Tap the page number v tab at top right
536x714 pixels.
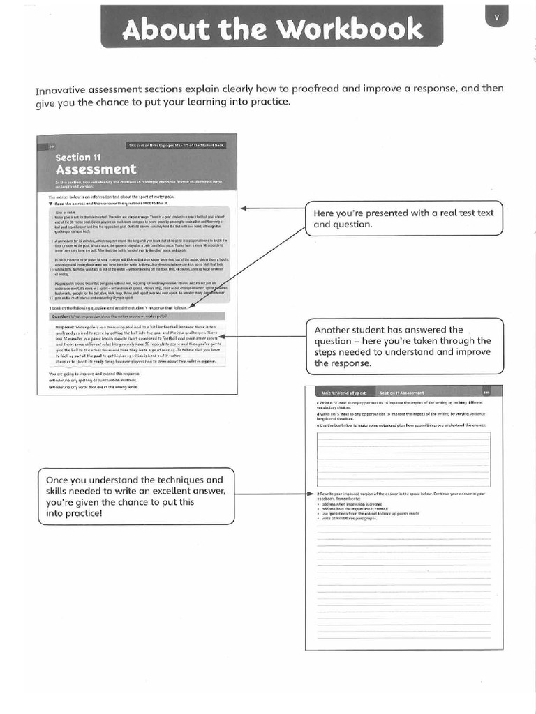496,19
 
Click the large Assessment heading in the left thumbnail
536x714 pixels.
96,169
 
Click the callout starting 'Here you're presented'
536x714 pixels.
403,219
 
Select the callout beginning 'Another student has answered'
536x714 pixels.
403,347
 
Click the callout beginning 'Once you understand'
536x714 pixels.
137,496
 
